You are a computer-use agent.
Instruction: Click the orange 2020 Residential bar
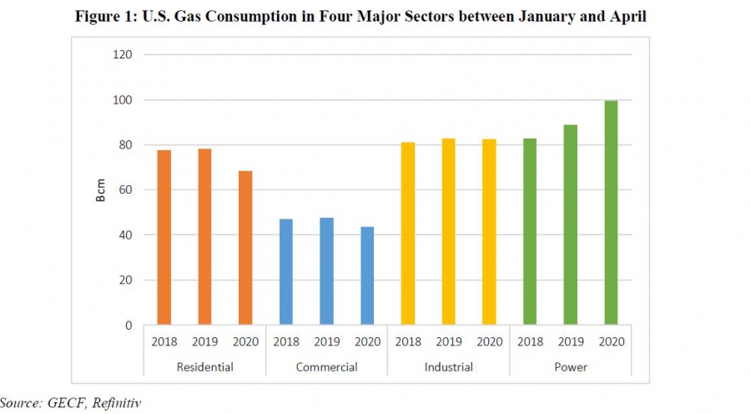245,248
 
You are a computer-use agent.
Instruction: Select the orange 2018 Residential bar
164,237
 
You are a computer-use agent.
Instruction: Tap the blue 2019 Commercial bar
326,271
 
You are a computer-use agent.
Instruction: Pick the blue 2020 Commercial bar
367,275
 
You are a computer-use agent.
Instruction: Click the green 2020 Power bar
611,213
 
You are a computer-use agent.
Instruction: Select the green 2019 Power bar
571,225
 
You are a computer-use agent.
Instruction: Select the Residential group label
204,367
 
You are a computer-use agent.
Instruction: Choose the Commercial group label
326,367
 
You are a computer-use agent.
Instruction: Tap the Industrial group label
448,367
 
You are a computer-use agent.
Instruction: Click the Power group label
571,367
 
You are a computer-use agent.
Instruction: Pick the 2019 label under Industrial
449,341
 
